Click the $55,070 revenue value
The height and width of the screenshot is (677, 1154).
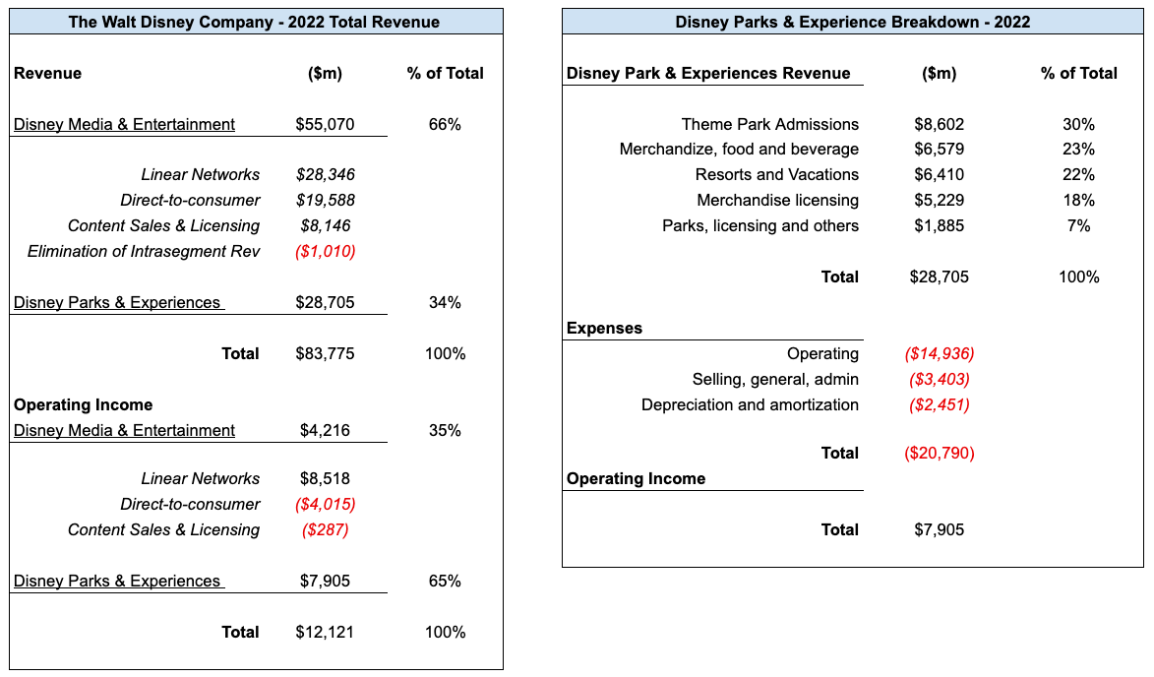(x=325, y=124)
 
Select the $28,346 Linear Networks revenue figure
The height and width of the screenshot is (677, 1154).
(x=326, y=174)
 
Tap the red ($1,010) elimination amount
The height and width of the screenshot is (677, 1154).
(x=326, y=252)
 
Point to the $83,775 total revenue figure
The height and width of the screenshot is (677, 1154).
(x=325, y=354)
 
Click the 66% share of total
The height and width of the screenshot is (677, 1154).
(x=445, y=124)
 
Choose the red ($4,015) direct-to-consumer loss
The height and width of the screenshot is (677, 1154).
(x=326, y=504)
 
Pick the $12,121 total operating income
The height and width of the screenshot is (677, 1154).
(x=325, y=632)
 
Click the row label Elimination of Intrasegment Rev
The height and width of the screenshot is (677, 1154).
(x=144, y=252)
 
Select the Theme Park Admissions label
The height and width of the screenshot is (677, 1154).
(x=769, y=124)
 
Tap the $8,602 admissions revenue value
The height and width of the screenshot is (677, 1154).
(x=940, y=124)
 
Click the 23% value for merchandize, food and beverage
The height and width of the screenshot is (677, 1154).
(x=1078, y=150)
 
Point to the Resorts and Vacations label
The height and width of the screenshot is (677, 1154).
(x=776, y=174)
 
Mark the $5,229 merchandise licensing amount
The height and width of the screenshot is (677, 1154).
(x=940, y=200)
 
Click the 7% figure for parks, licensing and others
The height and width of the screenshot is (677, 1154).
(x=1078, y=226)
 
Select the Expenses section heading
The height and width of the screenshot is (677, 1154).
(x=604, y=329)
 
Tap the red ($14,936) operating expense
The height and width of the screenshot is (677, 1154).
(x=940, y=354)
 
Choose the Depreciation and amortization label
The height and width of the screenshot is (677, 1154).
(x=750, y=404)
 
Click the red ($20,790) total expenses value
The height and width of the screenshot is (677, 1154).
(x=940, y=454)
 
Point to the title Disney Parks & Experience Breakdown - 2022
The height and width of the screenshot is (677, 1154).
(x=852, y=22)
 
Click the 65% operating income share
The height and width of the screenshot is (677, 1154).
(x=445, y=581)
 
